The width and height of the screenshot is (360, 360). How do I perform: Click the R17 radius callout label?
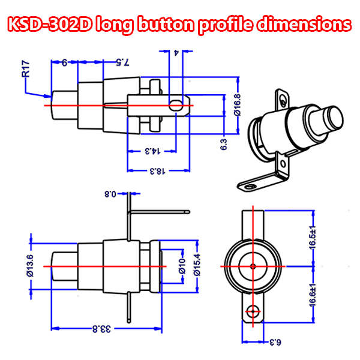26,68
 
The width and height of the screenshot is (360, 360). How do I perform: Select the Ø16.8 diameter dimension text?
237,104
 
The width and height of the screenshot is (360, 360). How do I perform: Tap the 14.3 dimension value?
152,151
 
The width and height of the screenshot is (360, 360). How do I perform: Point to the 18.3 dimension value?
157,171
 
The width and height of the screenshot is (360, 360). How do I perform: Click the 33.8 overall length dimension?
101,329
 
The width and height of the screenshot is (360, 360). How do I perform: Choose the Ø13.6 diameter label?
30,266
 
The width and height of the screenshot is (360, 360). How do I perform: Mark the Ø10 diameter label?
182,266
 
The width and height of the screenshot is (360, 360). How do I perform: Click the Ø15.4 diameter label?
197,265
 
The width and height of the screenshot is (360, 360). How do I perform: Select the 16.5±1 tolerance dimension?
312,237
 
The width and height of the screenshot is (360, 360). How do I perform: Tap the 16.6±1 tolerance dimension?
312,295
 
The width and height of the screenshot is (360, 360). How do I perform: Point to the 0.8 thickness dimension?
110,194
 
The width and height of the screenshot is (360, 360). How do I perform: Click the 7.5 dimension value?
123,62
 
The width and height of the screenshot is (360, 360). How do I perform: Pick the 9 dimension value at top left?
65,62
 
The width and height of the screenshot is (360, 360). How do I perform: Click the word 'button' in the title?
166,24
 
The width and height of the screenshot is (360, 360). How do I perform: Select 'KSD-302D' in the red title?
50,24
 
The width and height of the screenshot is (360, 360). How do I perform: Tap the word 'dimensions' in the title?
304,23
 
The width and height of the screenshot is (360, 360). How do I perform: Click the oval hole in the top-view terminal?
176,106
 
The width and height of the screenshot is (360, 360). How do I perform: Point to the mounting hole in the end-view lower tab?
253,311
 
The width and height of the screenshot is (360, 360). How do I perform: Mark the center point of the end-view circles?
253,266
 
